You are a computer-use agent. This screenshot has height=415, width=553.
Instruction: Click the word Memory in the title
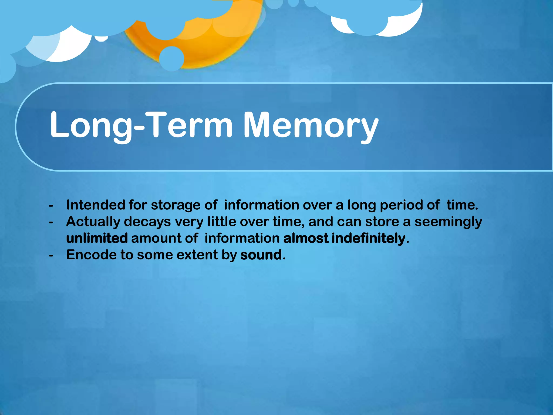pos(311,126)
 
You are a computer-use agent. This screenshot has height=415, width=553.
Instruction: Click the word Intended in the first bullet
pos(95,205)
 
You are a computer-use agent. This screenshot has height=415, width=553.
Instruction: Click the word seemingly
pos(448,222)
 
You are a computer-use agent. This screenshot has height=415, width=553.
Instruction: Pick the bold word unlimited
pos(97,238)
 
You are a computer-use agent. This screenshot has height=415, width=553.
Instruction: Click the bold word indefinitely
pos(368,238)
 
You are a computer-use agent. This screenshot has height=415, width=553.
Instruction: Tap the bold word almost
pos(306,238)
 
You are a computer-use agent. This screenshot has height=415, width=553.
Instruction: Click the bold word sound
pos(261,255)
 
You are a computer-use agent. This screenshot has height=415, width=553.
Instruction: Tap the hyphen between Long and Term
pos(140,127)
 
